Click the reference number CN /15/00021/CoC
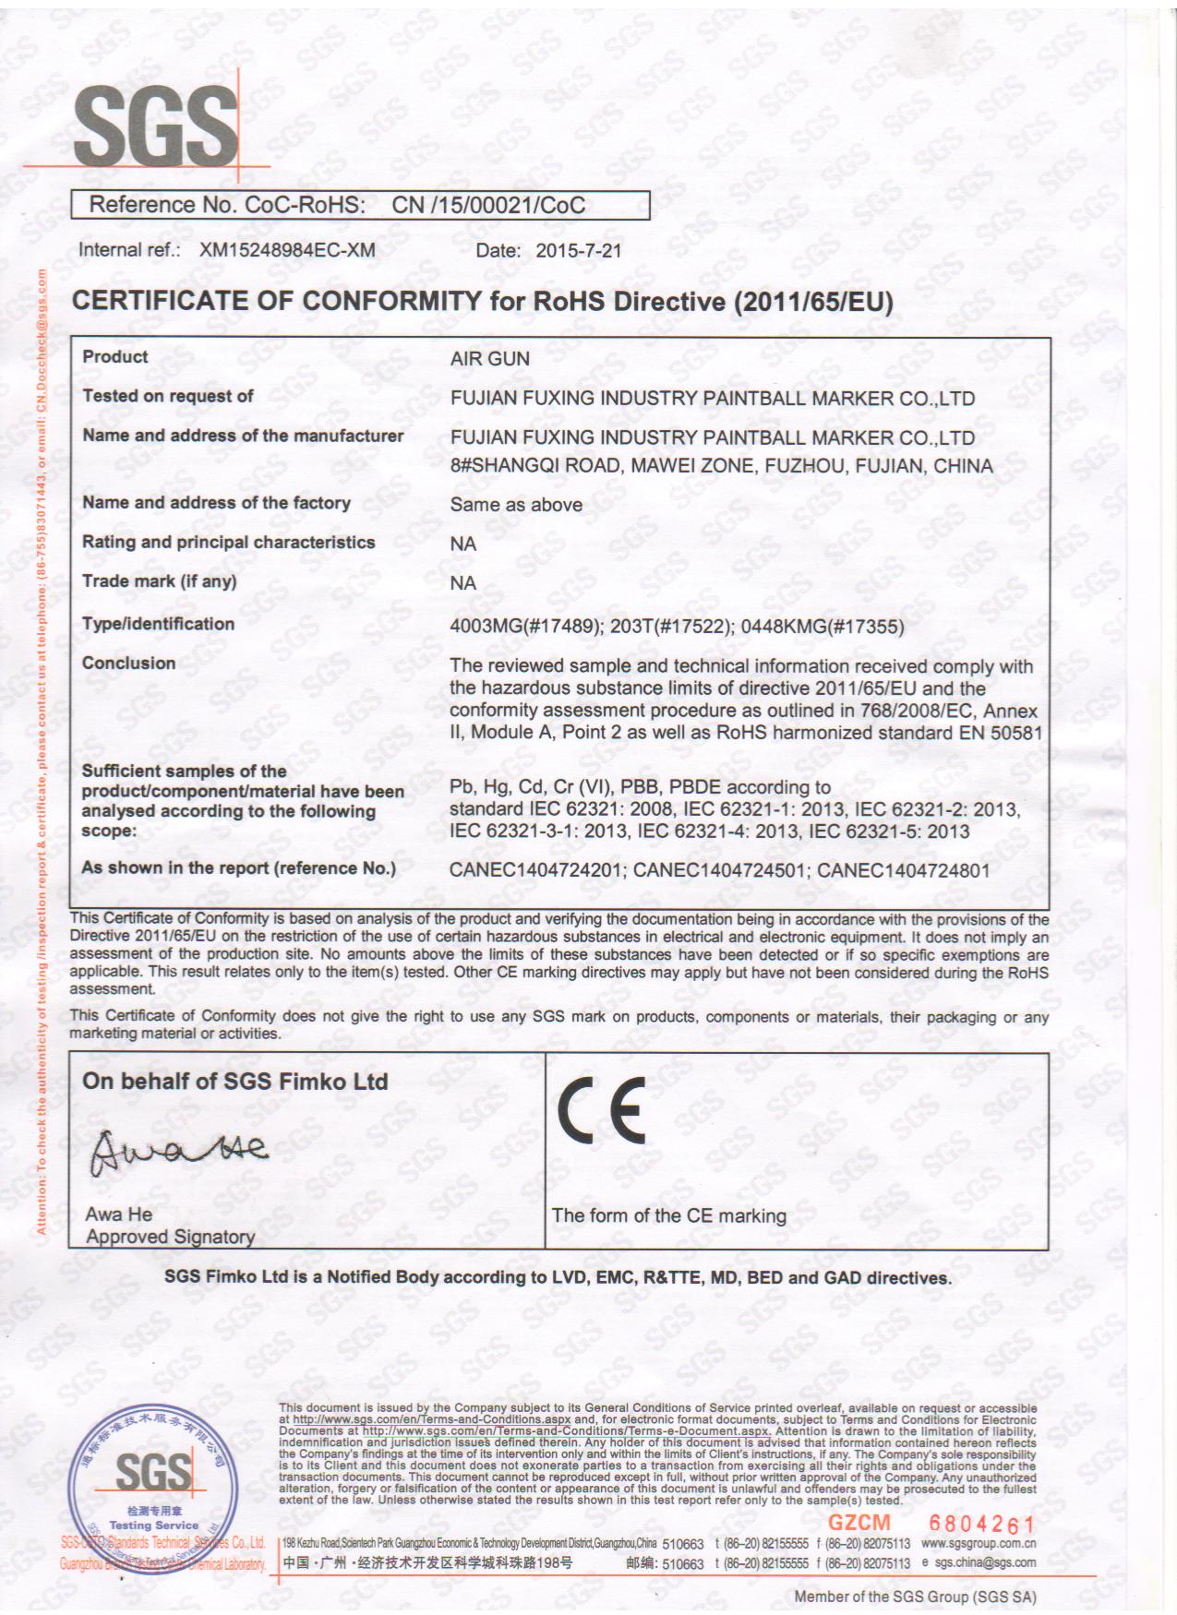pyautogui.click(x=488, y=205)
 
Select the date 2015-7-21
pyautogui.click(x=579, y=250)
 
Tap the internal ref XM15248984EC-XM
pyautogui.click(x=287, y=250)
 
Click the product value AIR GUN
pyautogui.click(x=489, y=359)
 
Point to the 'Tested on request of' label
pyautogui.click(x=168, y=396)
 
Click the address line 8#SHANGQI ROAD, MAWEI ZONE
pyautogui.click(x=721, y=466)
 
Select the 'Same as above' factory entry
pyautogui.click(x=516, y=505)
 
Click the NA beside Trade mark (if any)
pyautogui.click(x=462, y=583)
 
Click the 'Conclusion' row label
pyautogui.click(x=128, y=664)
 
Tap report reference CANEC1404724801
pyautogui.click(x=903, y=870)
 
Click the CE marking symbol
pyautogui.click(x=601, y=1110)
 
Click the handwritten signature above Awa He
pyautogui.click(x=178, y=1150)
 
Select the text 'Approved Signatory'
pyautogui.click(x=170, y=1237)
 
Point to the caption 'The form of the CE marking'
pyautogui.click(x=668, y=1216)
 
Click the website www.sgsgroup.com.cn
pyautogui.click(x=979, y=1543)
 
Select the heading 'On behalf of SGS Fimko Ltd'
pyautogui.click(x=234, y=1082)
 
